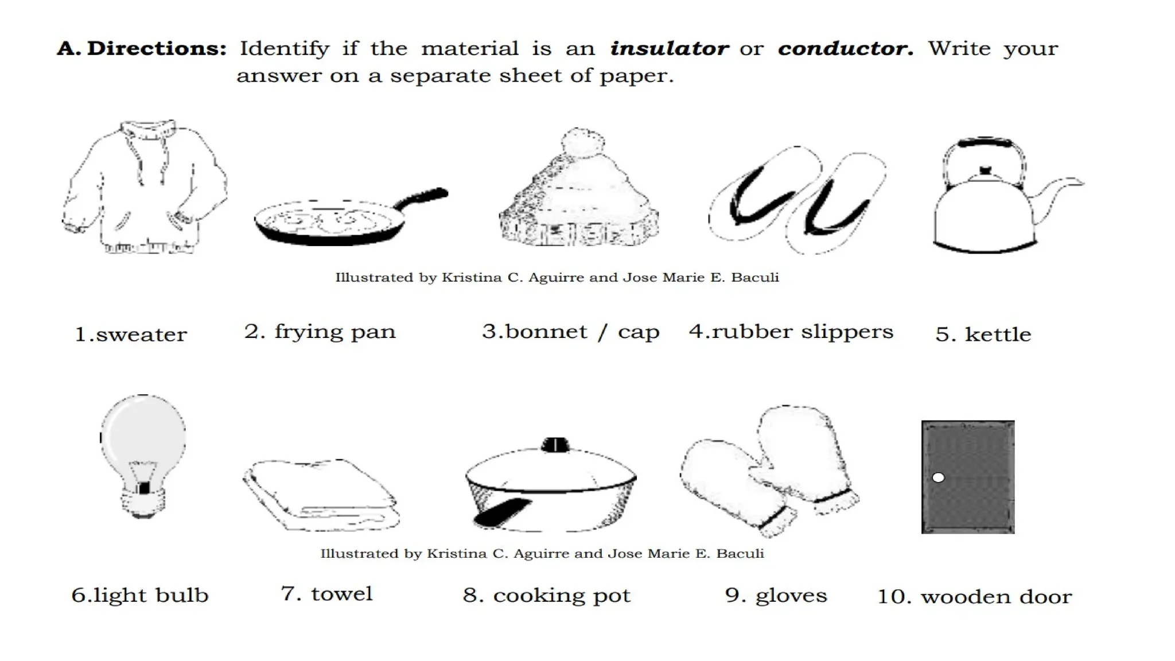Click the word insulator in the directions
click(x=669, y=49)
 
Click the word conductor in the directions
click(x=845, y=49)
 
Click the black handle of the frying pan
click(x=425, y=196)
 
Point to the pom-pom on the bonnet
click(x=582, y=142)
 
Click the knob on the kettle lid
click(x=985, y=170)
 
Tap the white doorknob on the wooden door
click(x=938, y=477)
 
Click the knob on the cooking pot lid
click(x=555, y=445)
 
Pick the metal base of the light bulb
click(x=143, y=502)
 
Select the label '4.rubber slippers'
click(x=791, y=332)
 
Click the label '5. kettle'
click(x=983, y=334)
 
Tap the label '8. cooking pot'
click(x=546, y=596)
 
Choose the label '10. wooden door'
click(x=974, y=597)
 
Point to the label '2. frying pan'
click(x=320, y=332)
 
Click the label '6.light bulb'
click(x=139, y=596)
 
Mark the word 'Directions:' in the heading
click(x=157, y=49)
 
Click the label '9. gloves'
click(x=776, y=596)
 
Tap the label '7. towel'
click(x=326, y=594)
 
